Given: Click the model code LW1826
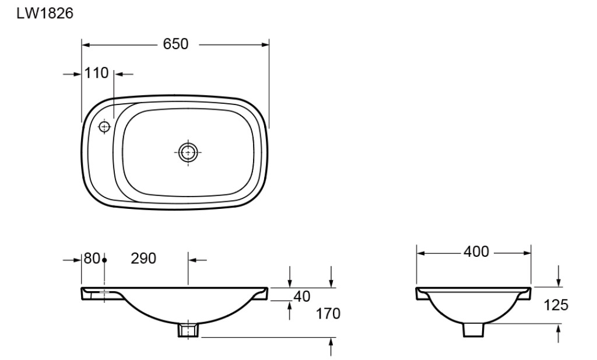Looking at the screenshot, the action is pyautogui.click(x=44, y=13).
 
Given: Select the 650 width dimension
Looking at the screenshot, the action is pyautogui.click(x=175, y=44).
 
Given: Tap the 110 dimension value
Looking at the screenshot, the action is pyautogui.click(x=96, y=73).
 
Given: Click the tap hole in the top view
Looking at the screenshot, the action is pyautogui.click(x=104, y=127).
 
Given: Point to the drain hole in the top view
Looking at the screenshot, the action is pyautogui.click(x=188, y=152).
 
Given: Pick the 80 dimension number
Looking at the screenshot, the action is pyautogui.click(x=92, y=258).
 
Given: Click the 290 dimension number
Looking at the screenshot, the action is pyautogui.click(x=143, y=258).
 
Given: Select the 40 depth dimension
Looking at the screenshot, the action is pyautogui.click(x=302, y=296).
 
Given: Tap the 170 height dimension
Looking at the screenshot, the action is pyautogui.click(x=328, y=314).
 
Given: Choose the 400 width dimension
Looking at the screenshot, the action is pyautogui.click(x=476, y=252).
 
